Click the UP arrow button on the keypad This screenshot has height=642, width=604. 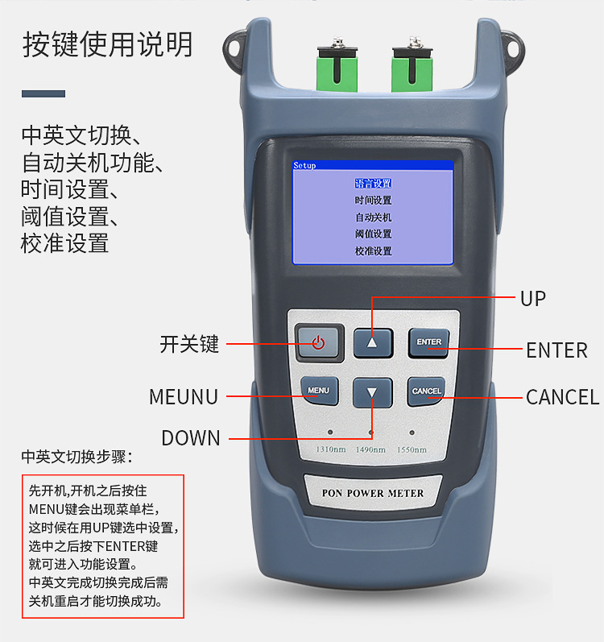(372, 342)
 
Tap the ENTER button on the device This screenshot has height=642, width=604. (428, 342)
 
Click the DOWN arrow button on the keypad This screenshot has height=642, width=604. (372, 392)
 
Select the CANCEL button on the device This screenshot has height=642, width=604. (426, 391)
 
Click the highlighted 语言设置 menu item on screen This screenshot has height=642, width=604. (373, 184)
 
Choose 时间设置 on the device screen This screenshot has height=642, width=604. (373, 201)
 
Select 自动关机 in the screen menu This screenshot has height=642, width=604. (373, 217)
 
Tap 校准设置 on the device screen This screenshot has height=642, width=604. (373, 251)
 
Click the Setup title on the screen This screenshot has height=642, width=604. (305, 166)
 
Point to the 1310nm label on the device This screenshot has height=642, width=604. (329, 449)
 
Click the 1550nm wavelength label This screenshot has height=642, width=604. (412, 449)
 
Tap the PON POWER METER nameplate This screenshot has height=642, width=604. (372, 493)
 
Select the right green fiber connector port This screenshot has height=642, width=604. (410, 66)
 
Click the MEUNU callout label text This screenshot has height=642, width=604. (184, 397)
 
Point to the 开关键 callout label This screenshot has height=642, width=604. (189, 345)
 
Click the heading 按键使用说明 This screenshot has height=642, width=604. (107, 44)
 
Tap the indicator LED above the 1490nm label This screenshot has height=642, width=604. (371, 433)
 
